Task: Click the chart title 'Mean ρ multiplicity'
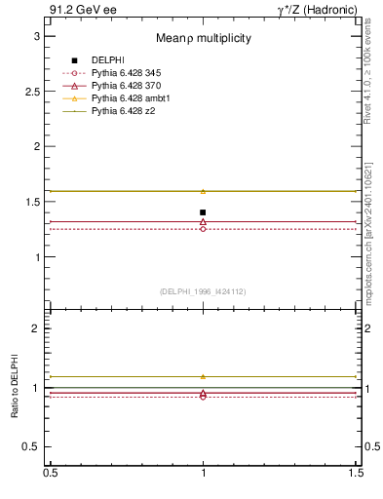[204, 38]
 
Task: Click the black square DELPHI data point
[203, 211]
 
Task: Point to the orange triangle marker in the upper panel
[203, 191]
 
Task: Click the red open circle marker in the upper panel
[203, 229]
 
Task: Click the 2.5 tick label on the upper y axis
[32, 91]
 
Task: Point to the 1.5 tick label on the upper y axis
[32, 202]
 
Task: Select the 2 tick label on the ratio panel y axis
[36, 328]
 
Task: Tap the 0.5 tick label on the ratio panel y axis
[32, 446]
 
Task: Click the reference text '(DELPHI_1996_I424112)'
[204, 290]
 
